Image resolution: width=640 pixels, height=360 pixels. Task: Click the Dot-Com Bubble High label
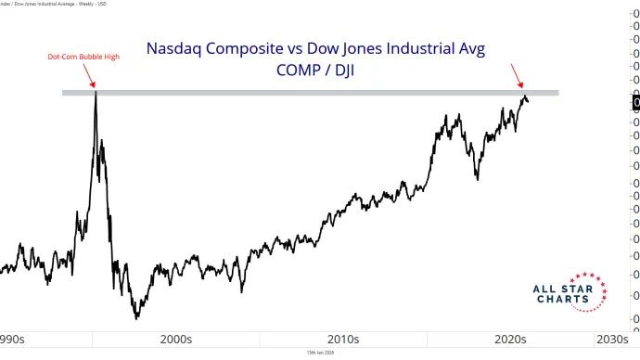pyautogui.click(x=83, y=57)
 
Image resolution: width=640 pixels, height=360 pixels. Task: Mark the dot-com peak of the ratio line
pyautogui.click(x=95, y=94)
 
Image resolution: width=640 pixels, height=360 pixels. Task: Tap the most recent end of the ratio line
pyautogui.click(x=528, y=102)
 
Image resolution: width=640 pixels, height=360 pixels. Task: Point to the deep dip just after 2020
pyautogui.click(x=477, y=178)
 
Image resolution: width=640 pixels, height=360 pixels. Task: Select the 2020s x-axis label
pyautogui.click(x=508, y=340)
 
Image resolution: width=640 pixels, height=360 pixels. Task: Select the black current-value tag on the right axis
pyautogui.click(x=635, y=103)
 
